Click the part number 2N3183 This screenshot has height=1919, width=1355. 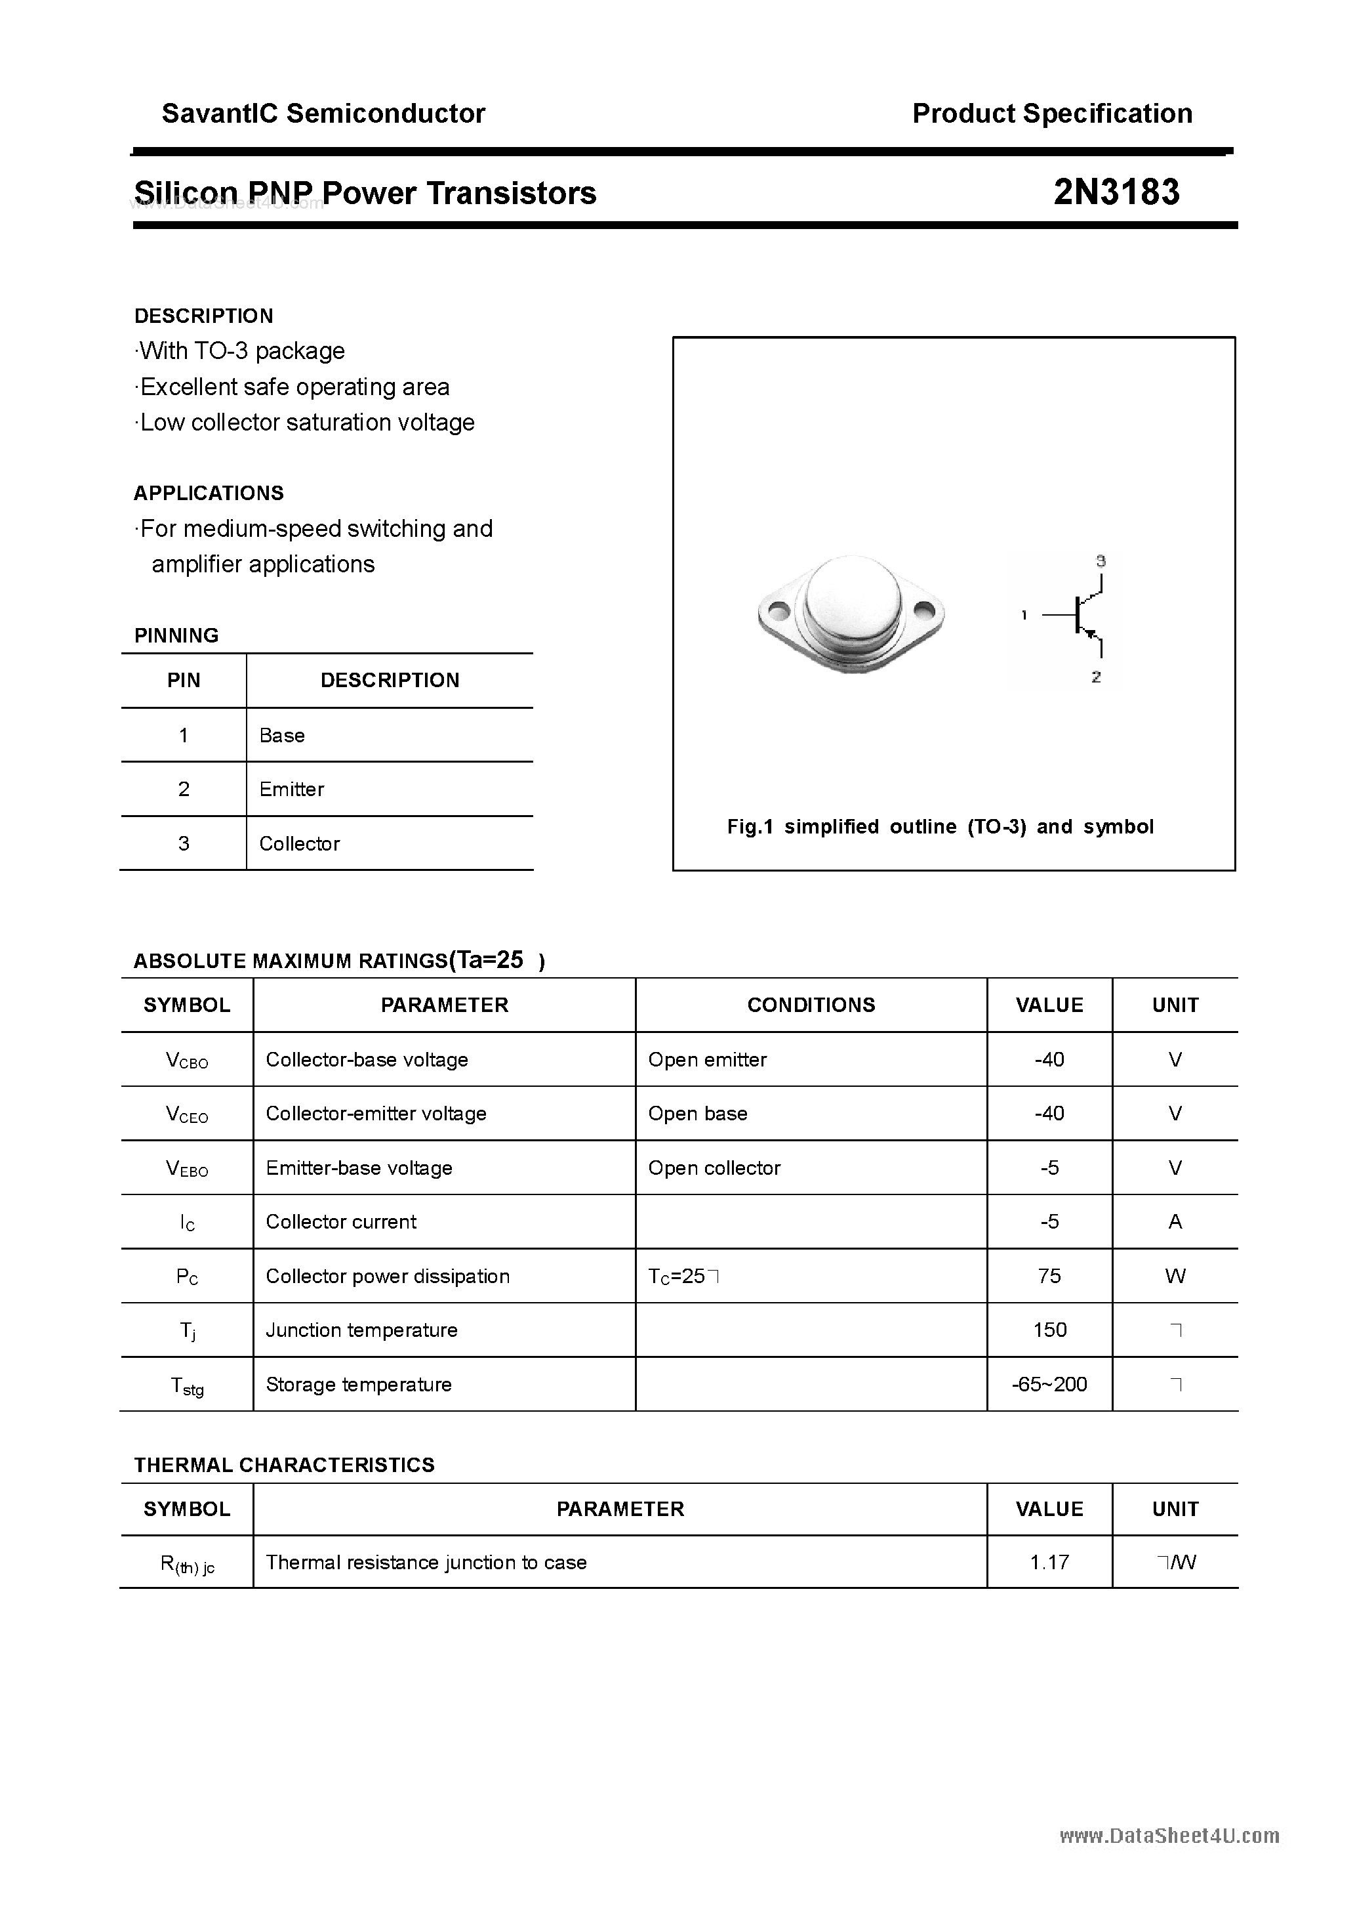tap(1116, 192)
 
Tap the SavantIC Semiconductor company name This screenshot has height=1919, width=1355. tap(323, 114)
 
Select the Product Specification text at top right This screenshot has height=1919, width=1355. tap(1052, 114)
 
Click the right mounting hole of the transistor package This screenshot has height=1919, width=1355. tap(925, 611)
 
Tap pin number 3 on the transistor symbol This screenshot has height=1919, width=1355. tap(1101, 561)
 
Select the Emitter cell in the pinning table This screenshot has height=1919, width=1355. tap(292, 789)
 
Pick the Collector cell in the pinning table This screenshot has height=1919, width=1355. tap(299, 843)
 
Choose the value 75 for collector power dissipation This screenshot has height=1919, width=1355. tap(1049, 1275)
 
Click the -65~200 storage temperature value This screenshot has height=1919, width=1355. tap(1049, 1384)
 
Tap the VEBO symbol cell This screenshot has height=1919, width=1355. tap(187, 1168)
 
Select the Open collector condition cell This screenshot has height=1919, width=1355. tap(714, 1168)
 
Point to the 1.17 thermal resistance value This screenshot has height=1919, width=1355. tap(1049, 1562)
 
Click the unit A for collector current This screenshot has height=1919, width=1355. tap(1175, 1222)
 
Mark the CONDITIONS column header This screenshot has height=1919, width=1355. tap(811, 1005)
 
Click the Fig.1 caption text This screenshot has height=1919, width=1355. tap(940, 827)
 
